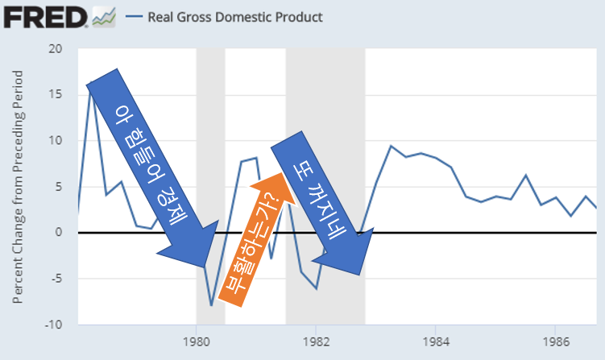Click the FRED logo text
[45, 15]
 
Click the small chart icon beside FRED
[104, 16]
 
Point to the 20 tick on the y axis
[56, 48]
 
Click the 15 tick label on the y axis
[56, 94]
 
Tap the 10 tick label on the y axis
[56, 140]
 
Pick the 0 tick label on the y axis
[59, 232]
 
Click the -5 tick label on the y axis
[56, 279]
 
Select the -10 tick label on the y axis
[53, 325]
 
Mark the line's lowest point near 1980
[211, 306]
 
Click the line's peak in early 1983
[391, 146]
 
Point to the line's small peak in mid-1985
[525, 175]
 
